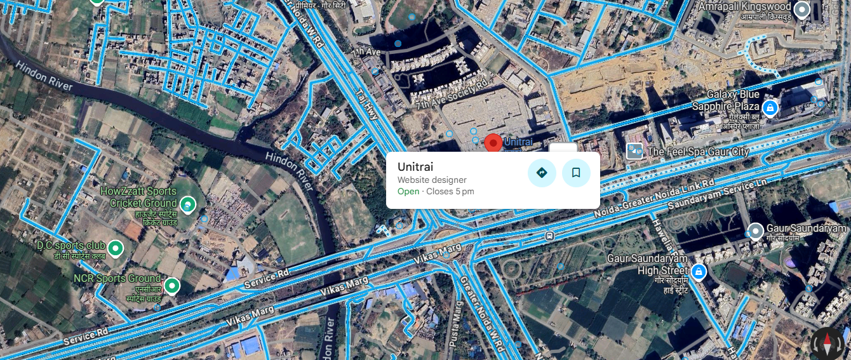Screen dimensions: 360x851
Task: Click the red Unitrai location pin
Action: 493,143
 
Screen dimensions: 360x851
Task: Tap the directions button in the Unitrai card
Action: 542,173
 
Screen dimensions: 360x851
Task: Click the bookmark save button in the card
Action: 576,173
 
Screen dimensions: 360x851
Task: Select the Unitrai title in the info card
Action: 415,167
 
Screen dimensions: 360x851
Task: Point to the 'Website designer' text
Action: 432,180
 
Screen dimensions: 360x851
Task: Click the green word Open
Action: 408,192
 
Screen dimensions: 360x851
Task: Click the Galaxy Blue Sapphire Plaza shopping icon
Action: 770,108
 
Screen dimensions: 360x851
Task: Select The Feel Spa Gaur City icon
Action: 634,151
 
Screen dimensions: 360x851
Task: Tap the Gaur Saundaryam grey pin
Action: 756,230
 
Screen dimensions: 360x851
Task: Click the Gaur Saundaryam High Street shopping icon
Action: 699,272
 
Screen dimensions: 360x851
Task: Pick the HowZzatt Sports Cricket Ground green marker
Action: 187,204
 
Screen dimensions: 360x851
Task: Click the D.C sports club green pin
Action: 116,248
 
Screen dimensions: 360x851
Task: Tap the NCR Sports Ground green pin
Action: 171,286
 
